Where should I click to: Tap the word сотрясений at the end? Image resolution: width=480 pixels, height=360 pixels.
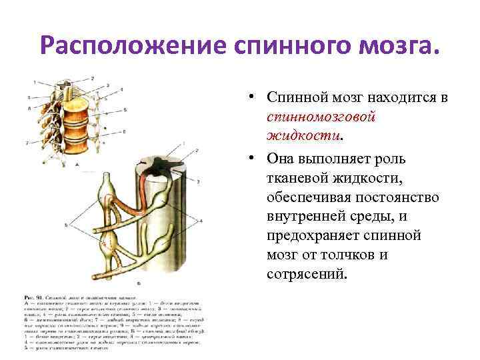[306, 274]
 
